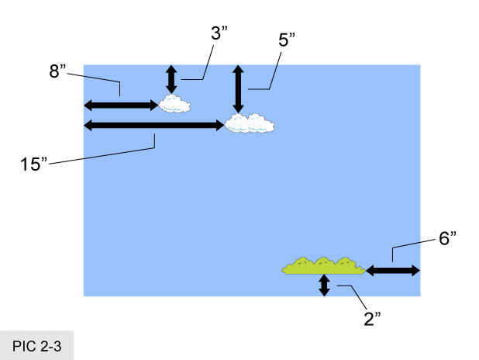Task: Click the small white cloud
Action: click(x=174, y=103)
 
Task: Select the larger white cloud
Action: click(x=250, y=123)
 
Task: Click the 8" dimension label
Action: click(x=57, y=71)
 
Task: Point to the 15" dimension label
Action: click(x=34, y=164)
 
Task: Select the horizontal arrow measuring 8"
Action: click(x=121, y=105)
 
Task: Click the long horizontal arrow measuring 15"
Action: click(x=153, y=125)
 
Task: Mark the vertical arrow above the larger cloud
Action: click(x=238, y=89)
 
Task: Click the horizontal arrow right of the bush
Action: click(x=392, y=271)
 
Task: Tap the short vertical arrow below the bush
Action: click(x=324, y=286)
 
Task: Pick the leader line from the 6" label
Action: click(x=411, y=248)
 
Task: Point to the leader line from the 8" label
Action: click(x=98, y=79)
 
